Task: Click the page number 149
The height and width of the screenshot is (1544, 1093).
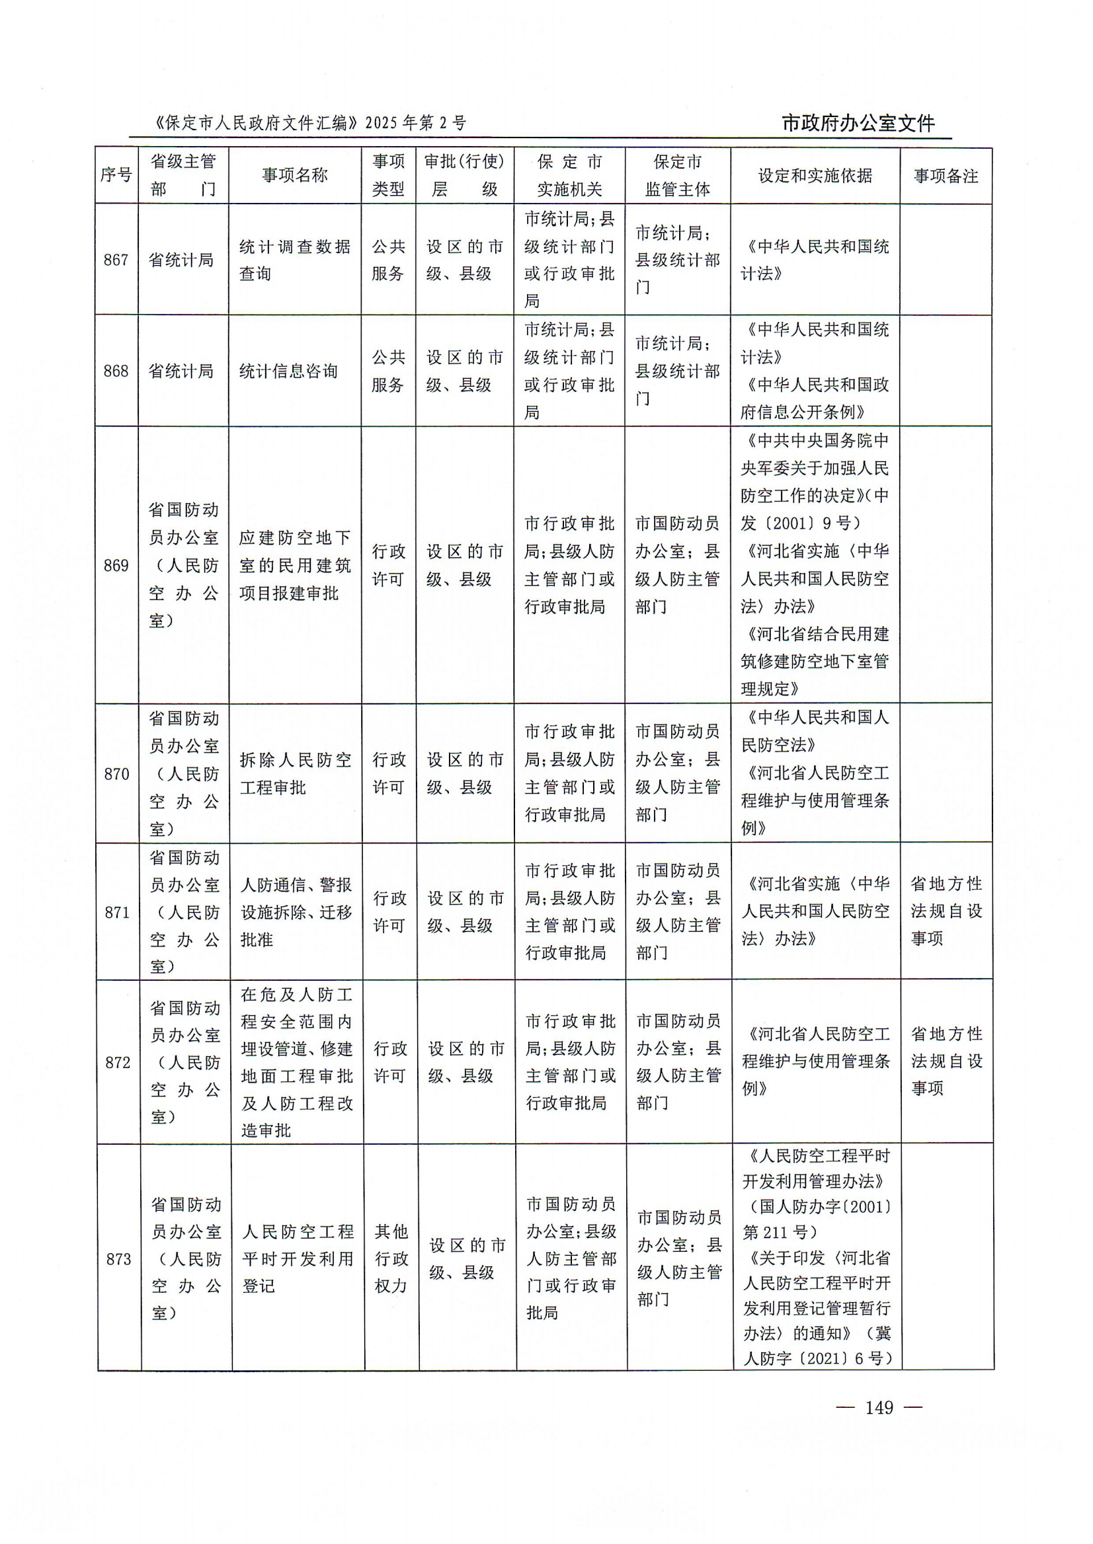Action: click(878, 1407)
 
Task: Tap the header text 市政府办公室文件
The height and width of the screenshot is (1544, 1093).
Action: click(858, 124)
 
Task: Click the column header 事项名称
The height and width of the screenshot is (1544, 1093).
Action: click(295, 176)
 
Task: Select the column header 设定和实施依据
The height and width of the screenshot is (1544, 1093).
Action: click(815, 176)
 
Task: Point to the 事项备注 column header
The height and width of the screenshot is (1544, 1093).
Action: click(946, 176)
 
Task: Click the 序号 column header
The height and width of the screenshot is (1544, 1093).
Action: click(116, 176)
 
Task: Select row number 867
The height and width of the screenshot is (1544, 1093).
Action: click(116, 260)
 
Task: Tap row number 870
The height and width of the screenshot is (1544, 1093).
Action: click(116, 774)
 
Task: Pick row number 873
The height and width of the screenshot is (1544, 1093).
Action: click(118, 1258)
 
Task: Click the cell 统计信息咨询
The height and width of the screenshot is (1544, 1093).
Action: click(289, 371)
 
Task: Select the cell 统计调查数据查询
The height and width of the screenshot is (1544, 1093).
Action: click(295, 260)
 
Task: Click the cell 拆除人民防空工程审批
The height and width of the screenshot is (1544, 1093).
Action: click(296, 774)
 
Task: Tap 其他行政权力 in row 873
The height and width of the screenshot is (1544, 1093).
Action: click(391, 1258)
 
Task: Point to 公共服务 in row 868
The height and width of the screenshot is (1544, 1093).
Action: click(388, 371)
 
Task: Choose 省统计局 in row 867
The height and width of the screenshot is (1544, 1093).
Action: click(181, 260)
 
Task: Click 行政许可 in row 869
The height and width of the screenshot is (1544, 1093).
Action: click(388, 565)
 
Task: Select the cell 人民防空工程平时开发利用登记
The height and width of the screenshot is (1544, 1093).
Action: click(298, 1258)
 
